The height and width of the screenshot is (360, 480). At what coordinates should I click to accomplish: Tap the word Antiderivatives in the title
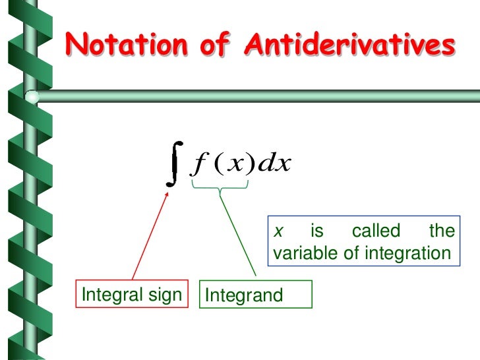pos(350,45)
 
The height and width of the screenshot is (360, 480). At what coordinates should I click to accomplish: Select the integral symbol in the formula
pos(173,164)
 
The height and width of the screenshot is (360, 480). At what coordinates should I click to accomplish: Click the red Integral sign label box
pos(131,295)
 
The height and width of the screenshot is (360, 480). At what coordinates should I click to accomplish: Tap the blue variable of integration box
pos(362,242)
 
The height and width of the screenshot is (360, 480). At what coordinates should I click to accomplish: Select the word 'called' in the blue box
pos(376,231)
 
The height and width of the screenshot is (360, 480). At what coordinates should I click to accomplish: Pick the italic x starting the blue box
pos(279,231)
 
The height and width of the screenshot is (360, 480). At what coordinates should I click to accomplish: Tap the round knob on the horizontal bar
pos(31,98)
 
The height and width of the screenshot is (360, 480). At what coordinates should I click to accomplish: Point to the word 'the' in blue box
pos(441,231)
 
